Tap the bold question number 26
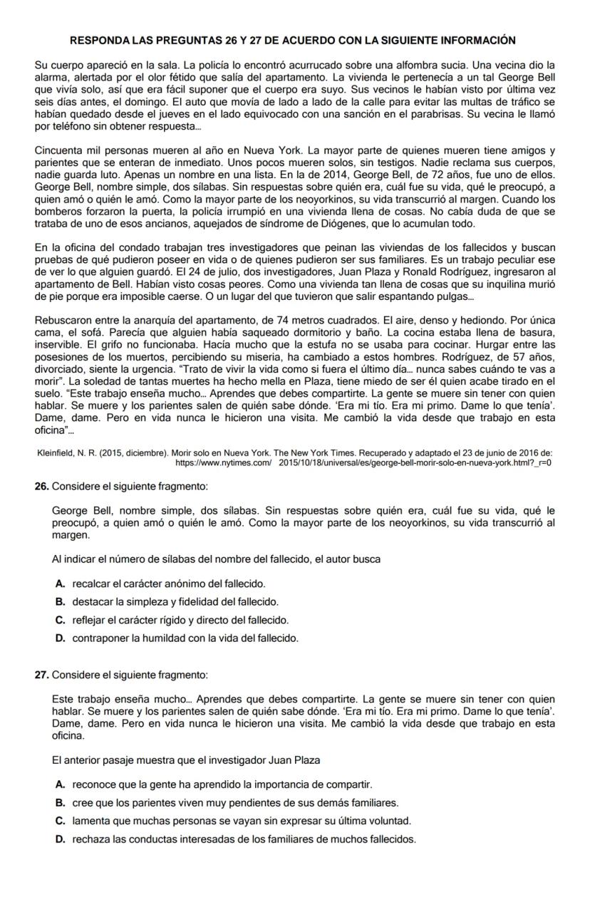41,486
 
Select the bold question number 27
41,674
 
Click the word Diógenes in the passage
360,224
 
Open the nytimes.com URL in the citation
363,463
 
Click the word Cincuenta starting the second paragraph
59,150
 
